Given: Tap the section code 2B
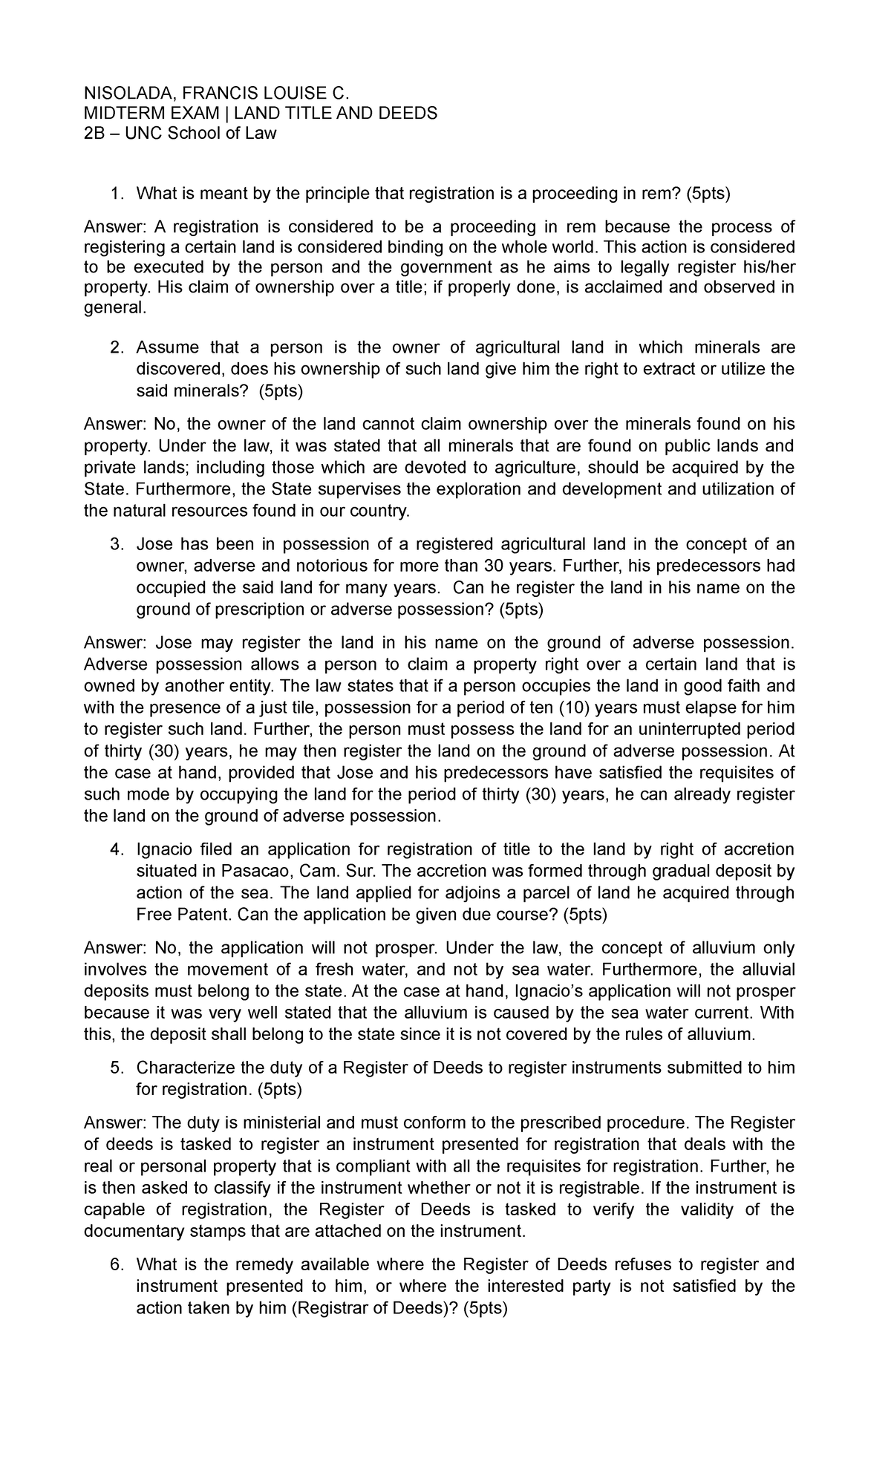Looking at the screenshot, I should point(94,134).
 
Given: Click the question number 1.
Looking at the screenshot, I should point(115,195).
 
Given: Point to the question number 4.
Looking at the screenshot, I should point(115,849).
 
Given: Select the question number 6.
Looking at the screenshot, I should point(115,1264).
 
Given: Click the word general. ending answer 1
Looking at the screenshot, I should point(115,309).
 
